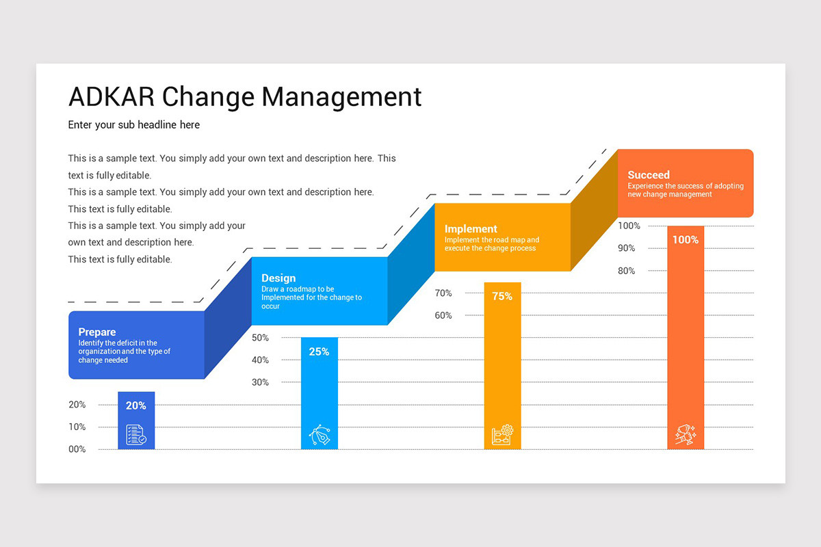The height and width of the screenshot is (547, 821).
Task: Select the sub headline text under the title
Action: point(134,125)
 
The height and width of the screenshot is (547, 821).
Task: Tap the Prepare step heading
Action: point(97,332)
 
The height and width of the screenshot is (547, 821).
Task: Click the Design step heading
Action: point(278,278)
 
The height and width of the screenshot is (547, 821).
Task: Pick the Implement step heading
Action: point(471,229)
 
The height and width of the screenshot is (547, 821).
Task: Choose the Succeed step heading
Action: point(649,175)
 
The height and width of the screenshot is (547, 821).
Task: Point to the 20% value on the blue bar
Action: point(136,405)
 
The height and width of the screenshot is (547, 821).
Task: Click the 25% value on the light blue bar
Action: point(319,351)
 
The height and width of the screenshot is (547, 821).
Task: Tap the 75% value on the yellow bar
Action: point(502,296)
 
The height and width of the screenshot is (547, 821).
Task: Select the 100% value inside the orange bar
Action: point(686,240)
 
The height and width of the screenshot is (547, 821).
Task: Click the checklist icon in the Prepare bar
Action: point(136,435)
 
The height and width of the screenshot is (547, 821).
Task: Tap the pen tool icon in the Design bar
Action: point(319,435)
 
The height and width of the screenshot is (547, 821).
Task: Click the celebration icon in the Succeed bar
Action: point(686,435)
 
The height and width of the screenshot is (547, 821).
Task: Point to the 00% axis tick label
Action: point(77,449)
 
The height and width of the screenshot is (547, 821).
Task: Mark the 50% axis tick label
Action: point(260,338)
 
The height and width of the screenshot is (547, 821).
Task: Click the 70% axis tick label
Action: point(443,293)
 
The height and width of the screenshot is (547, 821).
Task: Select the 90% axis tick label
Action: point(627,248)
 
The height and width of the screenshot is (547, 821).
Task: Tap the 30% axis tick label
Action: point(260,382)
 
